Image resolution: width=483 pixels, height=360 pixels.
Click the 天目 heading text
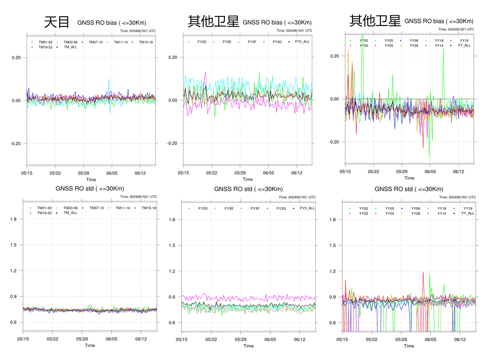[56, 22]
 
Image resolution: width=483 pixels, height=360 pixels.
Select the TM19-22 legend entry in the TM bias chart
[45, 47]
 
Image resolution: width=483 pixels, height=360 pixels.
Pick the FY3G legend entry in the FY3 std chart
[281, 208]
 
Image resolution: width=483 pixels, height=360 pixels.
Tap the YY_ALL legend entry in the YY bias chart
[464, 45]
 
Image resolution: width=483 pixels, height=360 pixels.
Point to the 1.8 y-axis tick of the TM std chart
[13, 219]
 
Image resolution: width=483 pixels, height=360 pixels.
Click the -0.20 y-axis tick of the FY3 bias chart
[172, 143]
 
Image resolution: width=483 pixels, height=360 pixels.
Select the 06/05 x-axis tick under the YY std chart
[430, 339]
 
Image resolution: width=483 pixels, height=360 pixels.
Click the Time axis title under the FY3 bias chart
[248, 179]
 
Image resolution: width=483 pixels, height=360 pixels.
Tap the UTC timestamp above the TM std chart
[138, 197]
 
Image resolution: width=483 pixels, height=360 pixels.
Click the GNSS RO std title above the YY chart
[409, 189]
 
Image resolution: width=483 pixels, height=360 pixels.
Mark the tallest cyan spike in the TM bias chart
[109, 79]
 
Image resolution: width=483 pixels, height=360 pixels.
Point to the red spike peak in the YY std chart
[423, 272]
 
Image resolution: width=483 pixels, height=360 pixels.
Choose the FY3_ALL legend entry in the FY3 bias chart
[302, 42]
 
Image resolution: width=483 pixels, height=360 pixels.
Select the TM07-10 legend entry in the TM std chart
[96, 208]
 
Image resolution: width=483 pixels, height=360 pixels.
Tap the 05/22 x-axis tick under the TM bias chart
[55, 173]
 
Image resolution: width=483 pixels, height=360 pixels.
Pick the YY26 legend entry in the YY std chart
[415, 214]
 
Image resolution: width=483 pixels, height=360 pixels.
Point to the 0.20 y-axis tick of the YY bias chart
[335, 56]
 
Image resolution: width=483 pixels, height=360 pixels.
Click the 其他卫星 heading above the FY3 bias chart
[213, 22]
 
